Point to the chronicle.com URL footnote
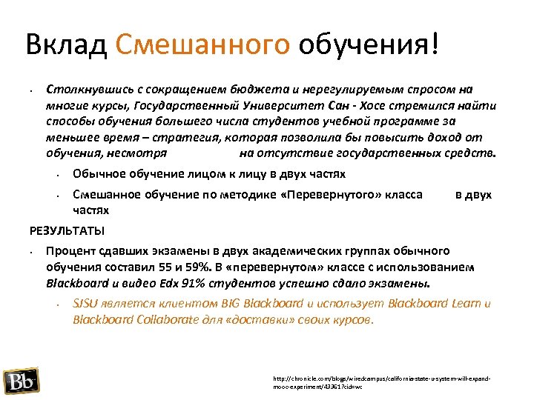(x=382, y=382)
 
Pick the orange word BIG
(x=231, y=304)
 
